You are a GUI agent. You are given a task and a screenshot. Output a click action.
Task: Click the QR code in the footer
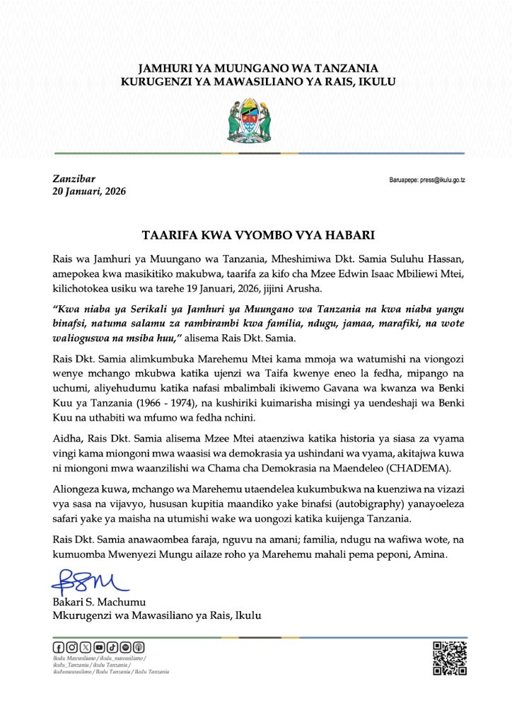coord(449,658)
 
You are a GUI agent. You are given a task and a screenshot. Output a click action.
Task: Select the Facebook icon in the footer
coord(58,647)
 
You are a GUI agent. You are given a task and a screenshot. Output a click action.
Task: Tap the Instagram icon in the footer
coord(71,647)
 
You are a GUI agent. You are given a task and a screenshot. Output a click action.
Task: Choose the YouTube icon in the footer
coord(99,647)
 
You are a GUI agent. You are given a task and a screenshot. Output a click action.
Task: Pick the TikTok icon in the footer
coord(112,647)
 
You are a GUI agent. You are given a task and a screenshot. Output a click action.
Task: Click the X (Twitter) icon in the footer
coord(86,647)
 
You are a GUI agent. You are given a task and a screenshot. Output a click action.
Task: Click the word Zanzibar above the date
coord(74,178)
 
